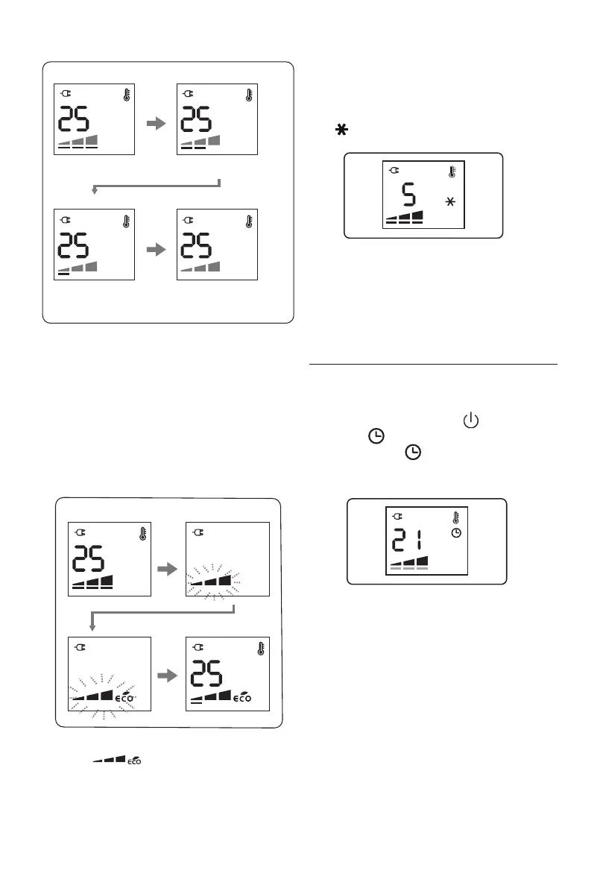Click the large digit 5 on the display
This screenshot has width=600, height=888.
[408, 196]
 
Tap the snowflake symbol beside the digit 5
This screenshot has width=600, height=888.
[449, 202]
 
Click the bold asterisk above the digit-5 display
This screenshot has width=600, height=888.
[341, 130]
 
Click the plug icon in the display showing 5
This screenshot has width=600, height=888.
[394, 171]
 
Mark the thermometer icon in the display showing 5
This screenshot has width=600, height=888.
[452, 172]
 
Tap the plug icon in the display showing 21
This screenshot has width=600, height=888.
[397, 516]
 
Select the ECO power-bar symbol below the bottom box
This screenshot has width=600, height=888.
[116, 759]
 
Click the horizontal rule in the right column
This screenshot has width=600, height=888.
[433, 365]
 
